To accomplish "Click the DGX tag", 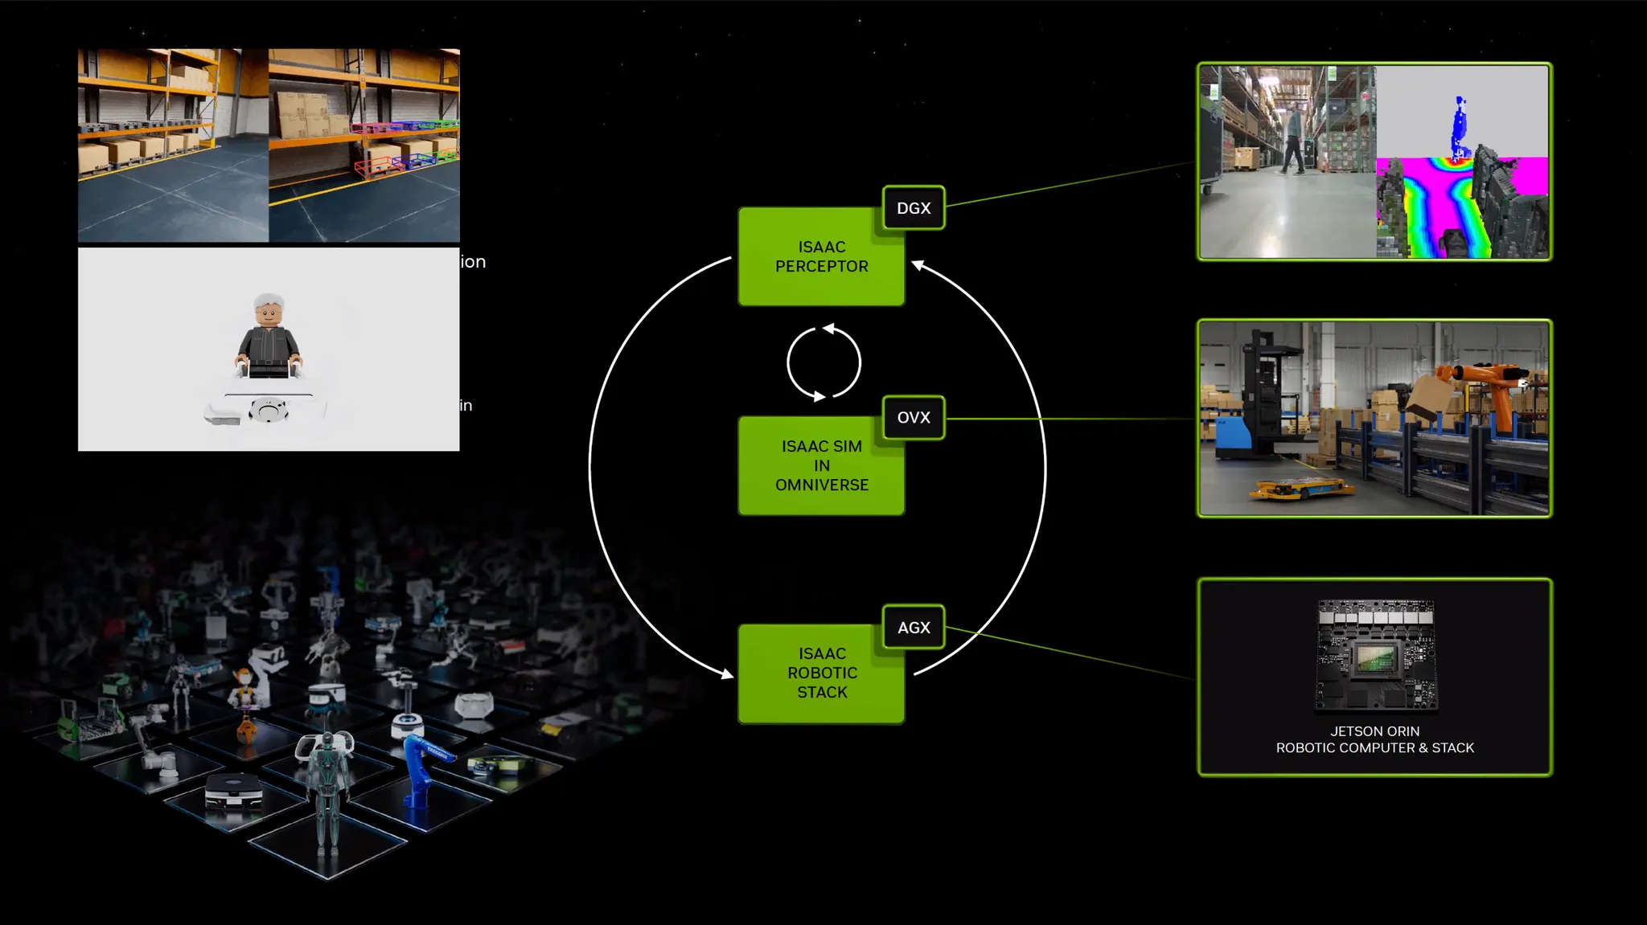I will (x=914, y=208).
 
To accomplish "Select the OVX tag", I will (x=914, y=418).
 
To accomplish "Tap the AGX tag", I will (x=914, y=628).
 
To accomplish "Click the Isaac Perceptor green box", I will (x=821, y=257).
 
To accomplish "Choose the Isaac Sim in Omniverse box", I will (x=821, y=466).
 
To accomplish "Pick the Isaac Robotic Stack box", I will (x=821, y=673).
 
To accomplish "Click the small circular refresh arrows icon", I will (x=823, y=362).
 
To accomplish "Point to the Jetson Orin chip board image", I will (x=1376, y=656).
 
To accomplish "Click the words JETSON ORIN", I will (x=1374, y=731).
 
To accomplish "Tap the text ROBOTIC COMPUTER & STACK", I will (x=1374, y=748).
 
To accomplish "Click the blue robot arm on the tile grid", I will (x=420, y=772).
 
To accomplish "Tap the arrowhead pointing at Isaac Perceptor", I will (x=918, y=265).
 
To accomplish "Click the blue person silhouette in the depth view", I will (x=1460, y=129).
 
